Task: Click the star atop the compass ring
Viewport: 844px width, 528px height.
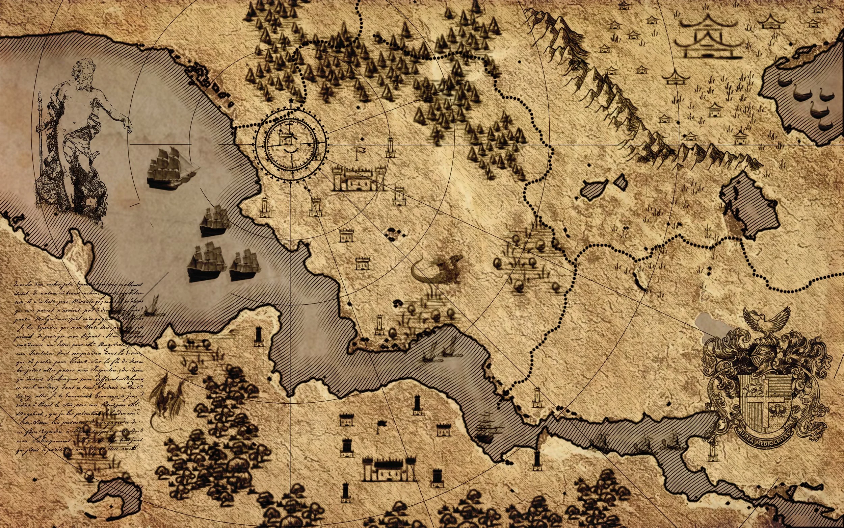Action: (291, 102)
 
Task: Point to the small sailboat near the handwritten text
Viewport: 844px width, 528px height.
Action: (153, 307)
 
